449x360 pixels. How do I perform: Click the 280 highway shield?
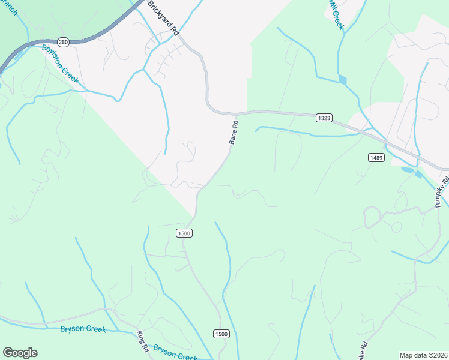[64, 42]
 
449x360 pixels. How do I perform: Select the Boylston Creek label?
[60, 64]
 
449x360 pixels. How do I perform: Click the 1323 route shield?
[324, 119]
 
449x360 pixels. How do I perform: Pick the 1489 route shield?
[376, 157]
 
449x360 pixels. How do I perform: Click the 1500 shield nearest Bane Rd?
[184, 233]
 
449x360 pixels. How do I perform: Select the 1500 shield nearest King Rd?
[221, 334]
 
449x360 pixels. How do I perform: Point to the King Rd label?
[142, 341]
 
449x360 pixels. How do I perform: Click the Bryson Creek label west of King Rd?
[83, 329]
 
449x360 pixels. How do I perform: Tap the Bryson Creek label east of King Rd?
[175, 353]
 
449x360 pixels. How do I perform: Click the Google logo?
[20, 353]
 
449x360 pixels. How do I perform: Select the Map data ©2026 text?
[423, 355]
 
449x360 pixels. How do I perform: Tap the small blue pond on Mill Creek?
[342, 79]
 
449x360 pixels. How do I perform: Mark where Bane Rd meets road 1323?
[235, 113]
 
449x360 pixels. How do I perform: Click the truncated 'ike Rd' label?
[363, 351]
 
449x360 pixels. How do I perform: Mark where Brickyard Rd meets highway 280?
[142, 7]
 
